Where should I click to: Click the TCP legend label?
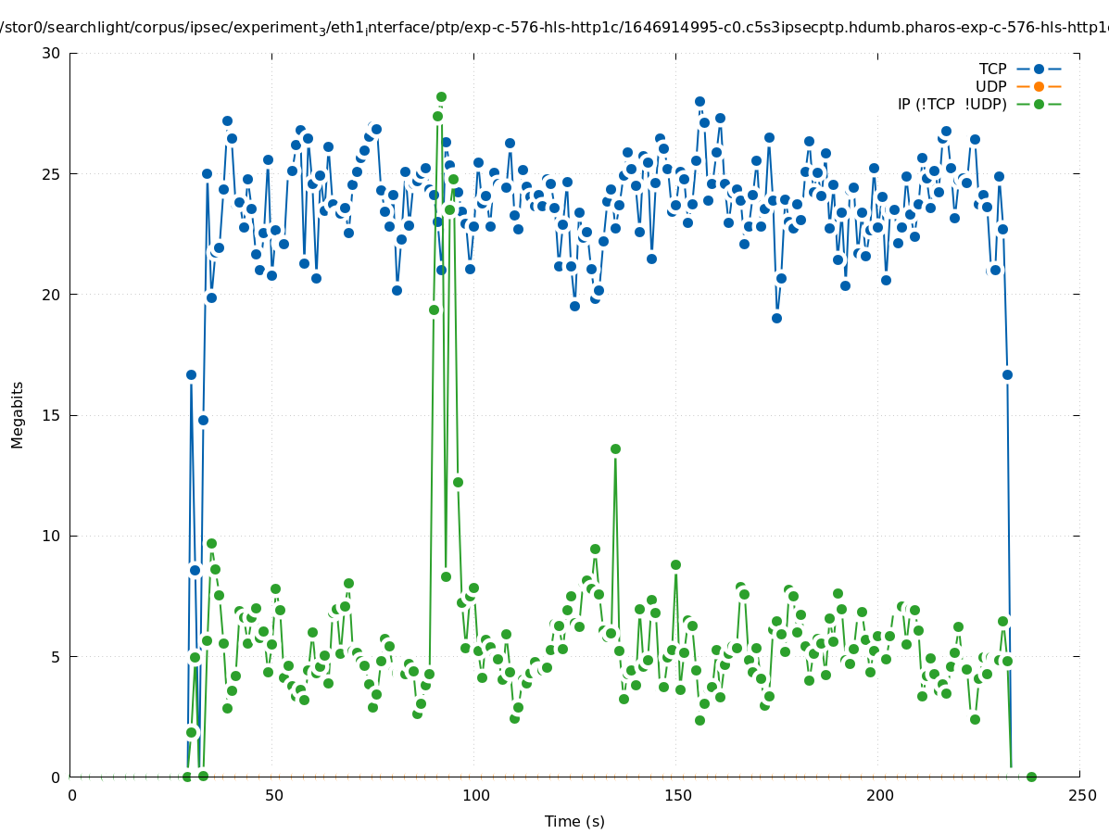992,69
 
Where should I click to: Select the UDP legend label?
990,86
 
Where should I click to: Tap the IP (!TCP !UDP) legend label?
951,104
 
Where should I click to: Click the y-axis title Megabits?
18,414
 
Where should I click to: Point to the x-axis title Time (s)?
574,821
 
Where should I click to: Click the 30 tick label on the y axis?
51,53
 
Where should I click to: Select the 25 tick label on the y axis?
51,173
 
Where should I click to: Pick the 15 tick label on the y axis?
51,415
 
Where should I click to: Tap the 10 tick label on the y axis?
51,536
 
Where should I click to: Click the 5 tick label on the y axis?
56,656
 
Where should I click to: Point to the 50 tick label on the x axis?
273,795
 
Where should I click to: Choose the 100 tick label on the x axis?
474,795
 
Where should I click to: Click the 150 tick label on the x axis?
676,795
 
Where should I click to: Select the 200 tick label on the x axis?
878,795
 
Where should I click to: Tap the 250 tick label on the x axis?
1080,795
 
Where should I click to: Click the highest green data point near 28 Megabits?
441,96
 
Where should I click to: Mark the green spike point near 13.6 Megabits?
615,449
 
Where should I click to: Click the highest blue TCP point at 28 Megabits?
699,101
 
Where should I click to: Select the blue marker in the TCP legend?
1039,69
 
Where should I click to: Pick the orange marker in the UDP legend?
1039,86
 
